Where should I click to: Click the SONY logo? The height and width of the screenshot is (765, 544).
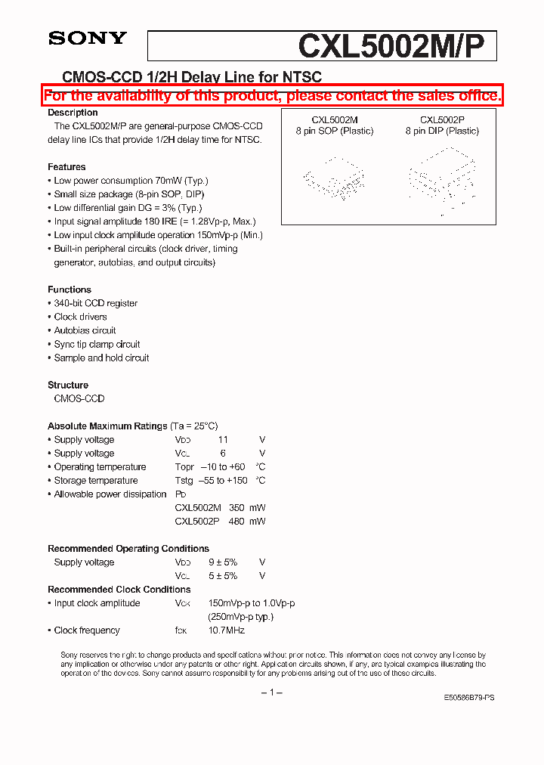point(88,38)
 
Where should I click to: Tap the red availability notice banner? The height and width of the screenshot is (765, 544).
point(272,95)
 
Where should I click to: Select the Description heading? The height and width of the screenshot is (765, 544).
point(73,113)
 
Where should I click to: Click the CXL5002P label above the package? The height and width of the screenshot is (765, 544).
point(442,119)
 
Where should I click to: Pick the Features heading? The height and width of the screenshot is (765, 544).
point(66,167)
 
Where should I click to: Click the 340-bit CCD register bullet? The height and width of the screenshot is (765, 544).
point(95,303)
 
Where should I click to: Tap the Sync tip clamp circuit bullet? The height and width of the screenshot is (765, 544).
point(97,344)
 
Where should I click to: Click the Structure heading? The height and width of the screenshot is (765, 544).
point(68,385)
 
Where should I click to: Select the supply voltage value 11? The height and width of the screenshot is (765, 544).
point(222,440)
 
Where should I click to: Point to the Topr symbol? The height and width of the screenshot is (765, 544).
point(184,467)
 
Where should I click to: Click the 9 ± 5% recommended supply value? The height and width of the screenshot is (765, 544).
point(223,562)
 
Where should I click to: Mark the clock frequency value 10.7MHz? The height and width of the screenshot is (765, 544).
point(226,630)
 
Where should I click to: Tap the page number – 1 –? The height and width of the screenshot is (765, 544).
point(271,693)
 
